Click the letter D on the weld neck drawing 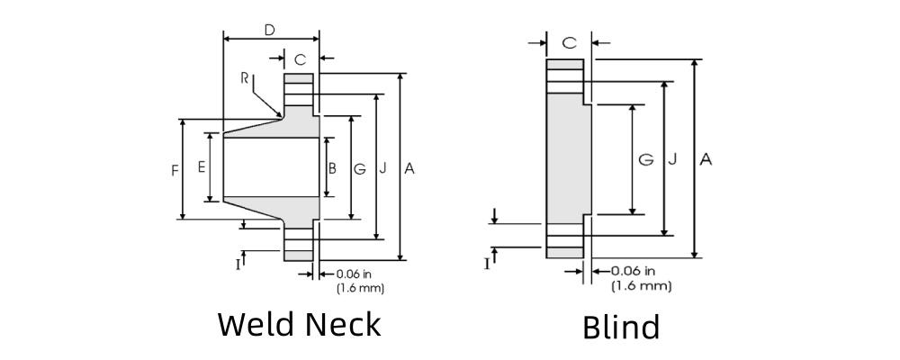269,30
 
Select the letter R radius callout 245,78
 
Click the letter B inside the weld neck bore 332,168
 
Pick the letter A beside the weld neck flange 409,168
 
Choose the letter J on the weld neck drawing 383,168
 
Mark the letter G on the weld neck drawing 359,168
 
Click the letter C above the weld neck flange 300,59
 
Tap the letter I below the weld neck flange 238,264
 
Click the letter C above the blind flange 569,42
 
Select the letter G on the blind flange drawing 645,159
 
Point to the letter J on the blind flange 672,159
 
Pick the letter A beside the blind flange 706,159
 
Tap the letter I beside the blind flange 487,264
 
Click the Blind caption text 621,326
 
